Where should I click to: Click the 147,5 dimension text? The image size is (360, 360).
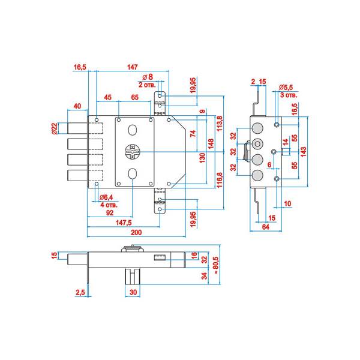tap(123, 223)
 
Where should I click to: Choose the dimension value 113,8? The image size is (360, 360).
tap(220, 125)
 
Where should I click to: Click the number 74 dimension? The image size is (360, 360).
tap(193, 134)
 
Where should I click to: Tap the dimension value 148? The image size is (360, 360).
tap(211, 144)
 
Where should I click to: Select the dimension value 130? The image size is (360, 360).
tap(202, 158)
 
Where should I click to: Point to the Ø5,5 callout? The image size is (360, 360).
tap(287, 88)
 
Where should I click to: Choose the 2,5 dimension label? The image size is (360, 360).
tap(80, 293)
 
